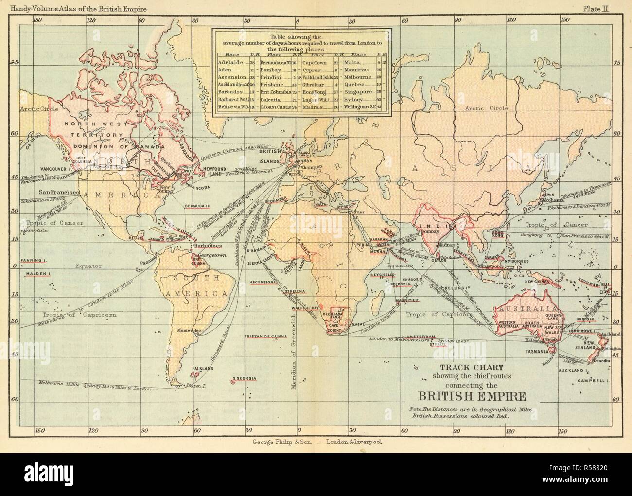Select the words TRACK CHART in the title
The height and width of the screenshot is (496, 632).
(461, 368)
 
